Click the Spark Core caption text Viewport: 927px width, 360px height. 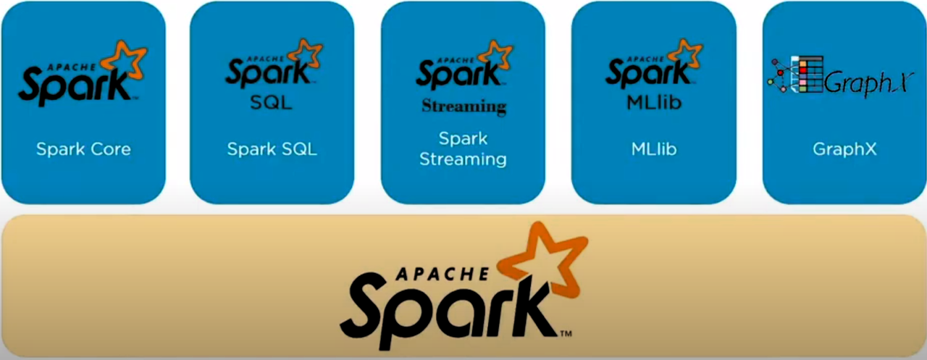pos(83,150)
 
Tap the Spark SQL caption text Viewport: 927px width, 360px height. pos(272,150)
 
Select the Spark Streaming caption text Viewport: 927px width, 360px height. pos(463,148)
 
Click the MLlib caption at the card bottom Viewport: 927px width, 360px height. pos(653,150)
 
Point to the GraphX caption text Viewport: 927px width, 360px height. pos(844,150)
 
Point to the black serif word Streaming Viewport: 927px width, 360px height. pos(463,106)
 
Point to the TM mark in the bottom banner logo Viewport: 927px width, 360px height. pos(566,334)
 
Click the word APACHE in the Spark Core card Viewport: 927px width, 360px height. pos(68,62)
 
